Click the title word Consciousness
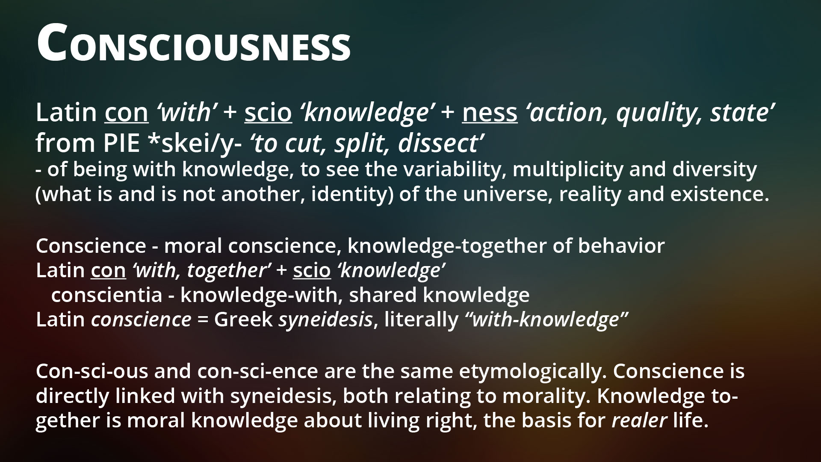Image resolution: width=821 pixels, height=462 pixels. (193, 43)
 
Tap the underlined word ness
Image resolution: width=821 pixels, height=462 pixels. (490, 113)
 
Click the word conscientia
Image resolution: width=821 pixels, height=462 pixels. (106, 295)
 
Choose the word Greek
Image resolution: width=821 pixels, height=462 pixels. (243, 320)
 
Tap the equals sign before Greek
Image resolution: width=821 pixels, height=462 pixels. (203, 320)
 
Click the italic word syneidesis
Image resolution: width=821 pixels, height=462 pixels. (325, 320)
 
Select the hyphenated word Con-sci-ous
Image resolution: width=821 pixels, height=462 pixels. (92, 371)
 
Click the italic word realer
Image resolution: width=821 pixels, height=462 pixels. (639, 421)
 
